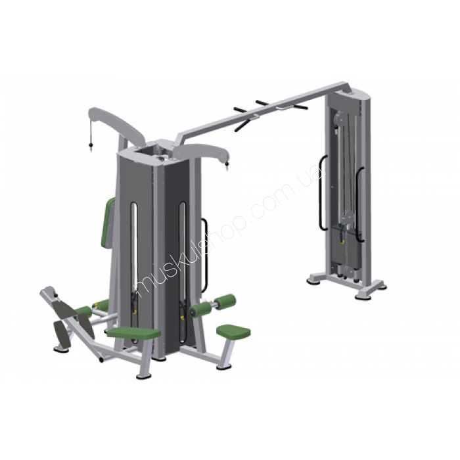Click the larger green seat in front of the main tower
tap(134, 333)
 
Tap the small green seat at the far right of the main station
tap(233, 331)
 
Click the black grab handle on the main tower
tap(204, 256)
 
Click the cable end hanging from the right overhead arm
tap(227, 167)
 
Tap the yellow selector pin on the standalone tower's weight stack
tap(342, 242)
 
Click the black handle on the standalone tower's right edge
tap(359, 204)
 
